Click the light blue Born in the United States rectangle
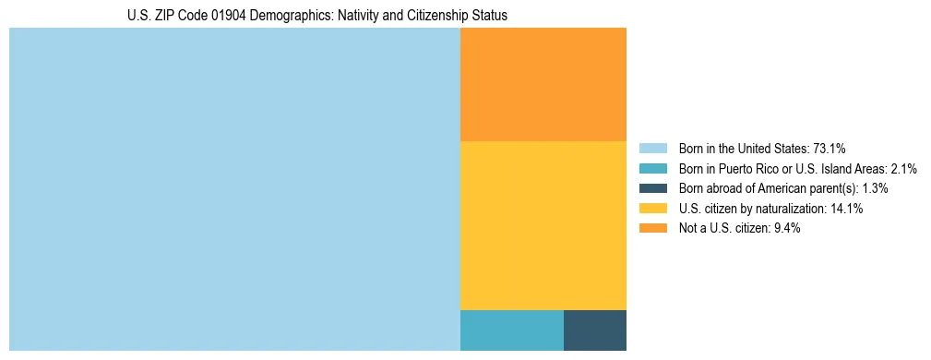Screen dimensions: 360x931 tap(234, 189)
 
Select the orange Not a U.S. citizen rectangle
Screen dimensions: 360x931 tap(543, 84)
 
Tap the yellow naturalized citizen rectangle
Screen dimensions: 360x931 tap(543, 225)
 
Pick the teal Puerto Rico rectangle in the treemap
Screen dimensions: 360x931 tap(511, 330)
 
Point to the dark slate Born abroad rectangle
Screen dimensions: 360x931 tap(595, 330)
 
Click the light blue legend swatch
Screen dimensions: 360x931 tap(652, 149)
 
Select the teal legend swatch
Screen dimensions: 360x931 tap(652, 169)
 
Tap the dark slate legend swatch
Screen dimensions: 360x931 tap(652, 188)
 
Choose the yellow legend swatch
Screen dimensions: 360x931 tap(652, 209)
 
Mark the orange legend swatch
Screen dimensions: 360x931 tap(652, 228)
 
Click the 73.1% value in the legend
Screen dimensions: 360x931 tap(830, 149)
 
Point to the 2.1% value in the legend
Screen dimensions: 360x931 tap(903, 169)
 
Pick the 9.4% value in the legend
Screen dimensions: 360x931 tap(785, 228)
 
